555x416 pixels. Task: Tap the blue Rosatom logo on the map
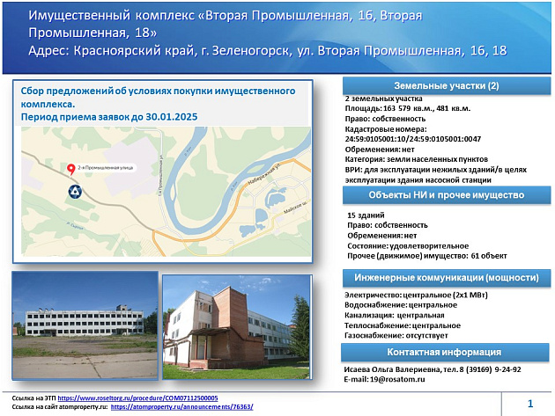click(x=72, y=189)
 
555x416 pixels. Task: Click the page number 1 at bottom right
click(x=530, y=404)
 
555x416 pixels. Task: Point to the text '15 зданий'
click(x=367, y=214)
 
